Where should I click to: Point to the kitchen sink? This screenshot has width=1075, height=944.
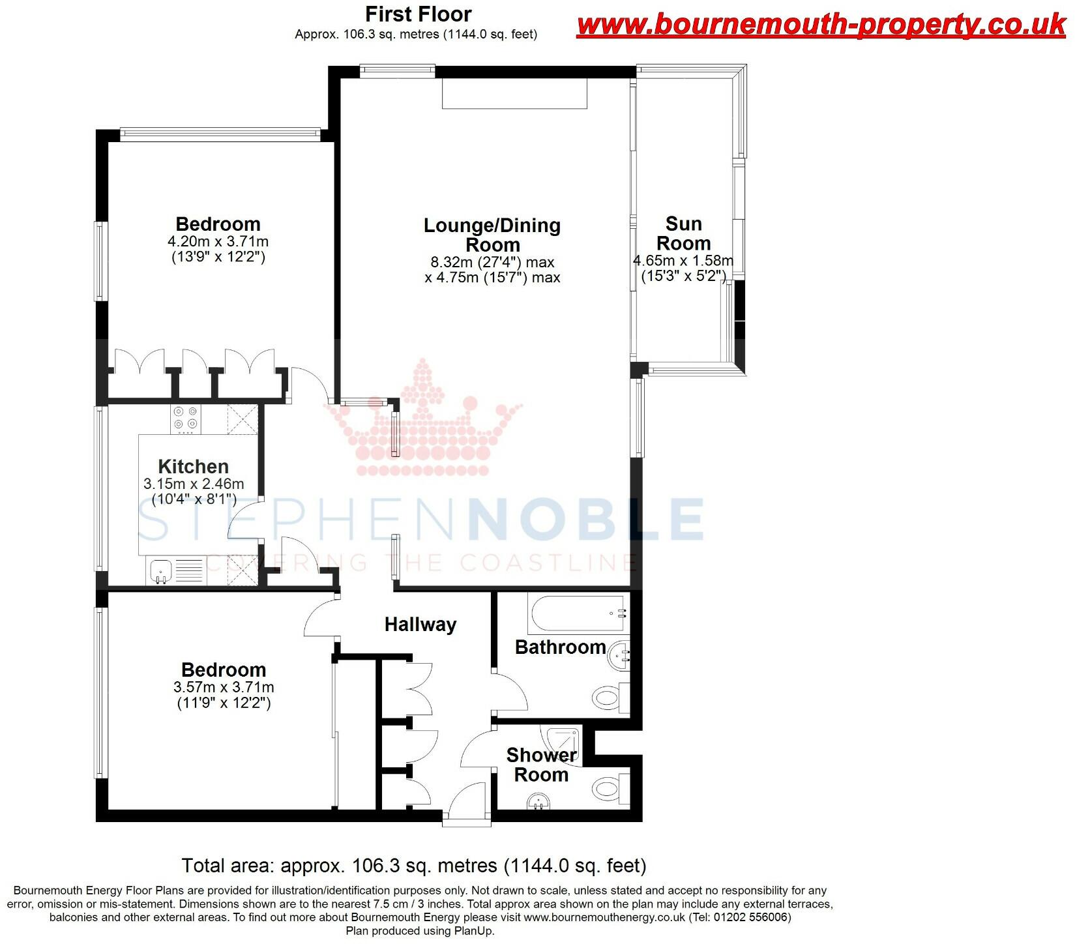160,572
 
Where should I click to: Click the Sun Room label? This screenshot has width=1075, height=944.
683,233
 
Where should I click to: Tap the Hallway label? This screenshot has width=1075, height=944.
420,625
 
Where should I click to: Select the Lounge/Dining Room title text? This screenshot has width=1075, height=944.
492,235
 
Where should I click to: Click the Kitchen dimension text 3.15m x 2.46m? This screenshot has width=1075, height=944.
194,484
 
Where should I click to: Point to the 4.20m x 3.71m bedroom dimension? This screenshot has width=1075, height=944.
218,241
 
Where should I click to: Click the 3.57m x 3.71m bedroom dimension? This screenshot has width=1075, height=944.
224,687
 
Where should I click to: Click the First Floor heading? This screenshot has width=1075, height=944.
418,14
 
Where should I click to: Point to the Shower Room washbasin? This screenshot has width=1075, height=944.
538,801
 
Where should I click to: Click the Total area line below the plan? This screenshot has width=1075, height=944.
414,866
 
